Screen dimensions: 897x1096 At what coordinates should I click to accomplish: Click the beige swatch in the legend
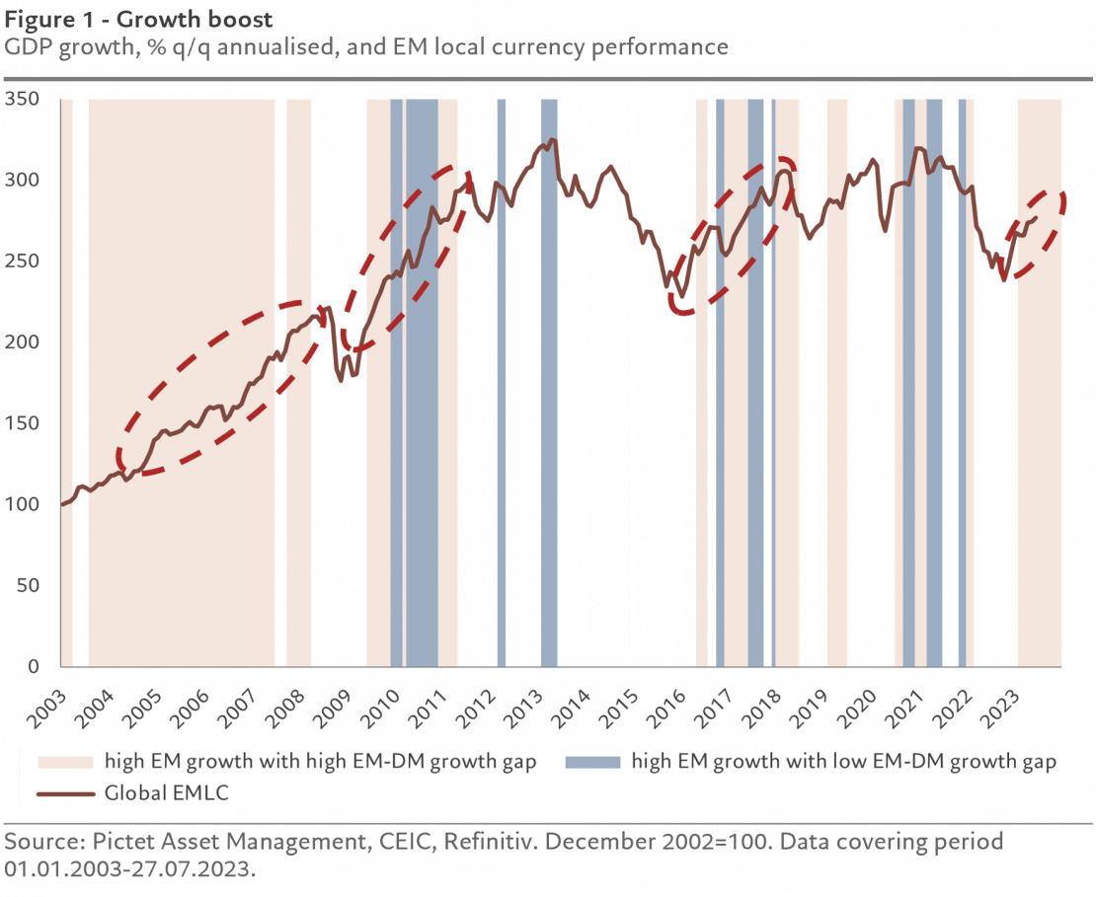point(65,762)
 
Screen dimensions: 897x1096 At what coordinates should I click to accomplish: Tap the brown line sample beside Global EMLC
point(65,792)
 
